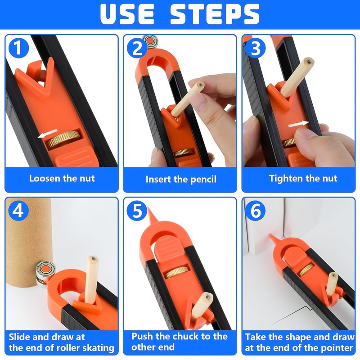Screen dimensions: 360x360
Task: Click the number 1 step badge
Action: (x=18, y=48)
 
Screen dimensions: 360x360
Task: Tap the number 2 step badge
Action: (x=137, y=48)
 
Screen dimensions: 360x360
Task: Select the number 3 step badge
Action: (x=256, y=48)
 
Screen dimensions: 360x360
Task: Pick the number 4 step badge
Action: (x=18, y=211)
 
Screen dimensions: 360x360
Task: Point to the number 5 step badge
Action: (x=137, y=211)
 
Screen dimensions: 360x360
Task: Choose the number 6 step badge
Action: (x=256, y=211)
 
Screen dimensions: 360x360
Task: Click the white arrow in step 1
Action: (x=48, y=133)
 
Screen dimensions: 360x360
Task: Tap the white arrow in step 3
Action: (x=298, y=124)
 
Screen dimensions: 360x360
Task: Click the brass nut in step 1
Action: (x=64, y=139)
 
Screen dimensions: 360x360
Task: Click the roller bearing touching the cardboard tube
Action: (x=45, y=273)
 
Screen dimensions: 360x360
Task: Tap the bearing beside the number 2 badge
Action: (x=150, y=41)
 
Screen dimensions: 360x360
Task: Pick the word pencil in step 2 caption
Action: (x=203, y=180)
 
